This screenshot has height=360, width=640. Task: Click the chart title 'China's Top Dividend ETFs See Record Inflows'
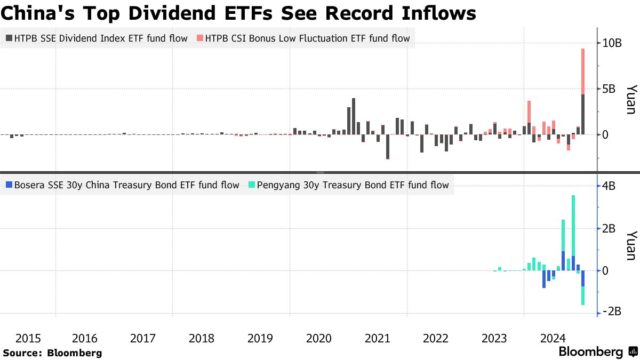click(238, 13)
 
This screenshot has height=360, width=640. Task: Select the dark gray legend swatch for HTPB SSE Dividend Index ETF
click(9, 38)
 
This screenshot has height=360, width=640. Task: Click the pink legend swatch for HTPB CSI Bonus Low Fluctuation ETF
click(200, 38)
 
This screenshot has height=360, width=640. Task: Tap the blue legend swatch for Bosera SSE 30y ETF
click(9, 186)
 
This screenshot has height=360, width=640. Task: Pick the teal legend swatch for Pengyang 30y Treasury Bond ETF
click(251, 186)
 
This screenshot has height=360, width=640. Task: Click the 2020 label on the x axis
click(318, 338)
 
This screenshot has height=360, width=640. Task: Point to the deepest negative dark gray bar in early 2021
click(388, 147)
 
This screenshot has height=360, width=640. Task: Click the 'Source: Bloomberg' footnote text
click(52, 353)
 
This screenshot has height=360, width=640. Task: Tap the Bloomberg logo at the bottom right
click(598, 352)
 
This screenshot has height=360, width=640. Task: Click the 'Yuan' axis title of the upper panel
click(630, 99)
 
